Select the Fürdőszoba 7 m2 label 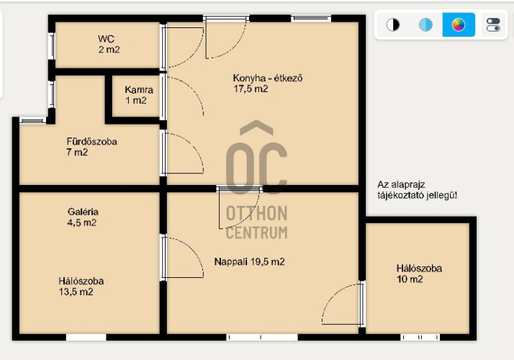[x=92, y=147]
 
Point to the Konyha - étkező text [x=268, y=78]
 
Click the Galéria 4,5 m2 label [x=83, y=217]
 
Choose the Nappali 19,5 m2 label [x=249, y=261]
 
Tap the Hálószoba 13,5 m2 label [x=81, y=287]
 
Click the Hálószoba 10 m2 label [x=419, y=274]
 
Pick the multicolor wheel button [x=459, y=24]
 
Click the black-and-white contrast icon [x=393, y=24]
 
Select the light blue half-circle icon [x=425, y=24]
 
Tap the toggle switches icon [x=493, y=24]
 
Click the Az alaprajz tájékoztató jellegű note [x=417, y=190]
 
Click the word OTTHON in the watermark [x=256, y=213]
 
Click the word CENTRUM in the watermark [x=256, y=233]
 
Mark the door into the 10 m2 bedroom [x=343, y=304]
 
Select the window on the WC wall [x=51, y=46]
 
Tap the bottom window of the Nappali [x=262, y=337]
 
